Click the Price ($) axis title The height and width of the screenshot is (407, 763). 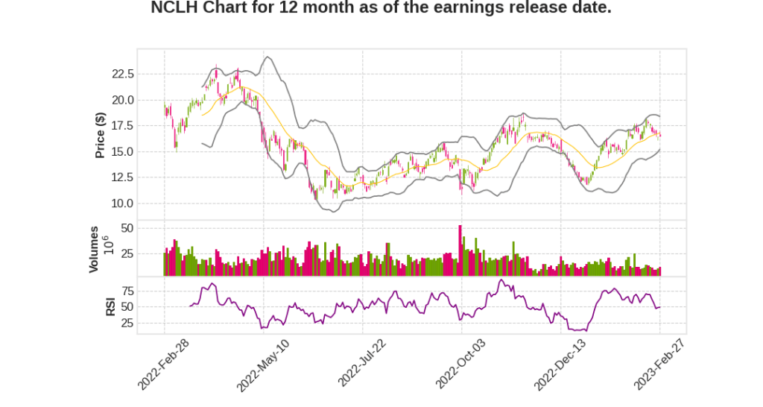coord(100,135)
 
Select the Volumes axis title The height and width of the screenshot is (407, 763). coord(94,249)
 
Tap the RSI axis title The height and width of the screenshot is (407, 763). coord(110,306)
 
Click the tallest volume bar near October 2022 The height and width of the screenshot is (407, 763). coord(460,250)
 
